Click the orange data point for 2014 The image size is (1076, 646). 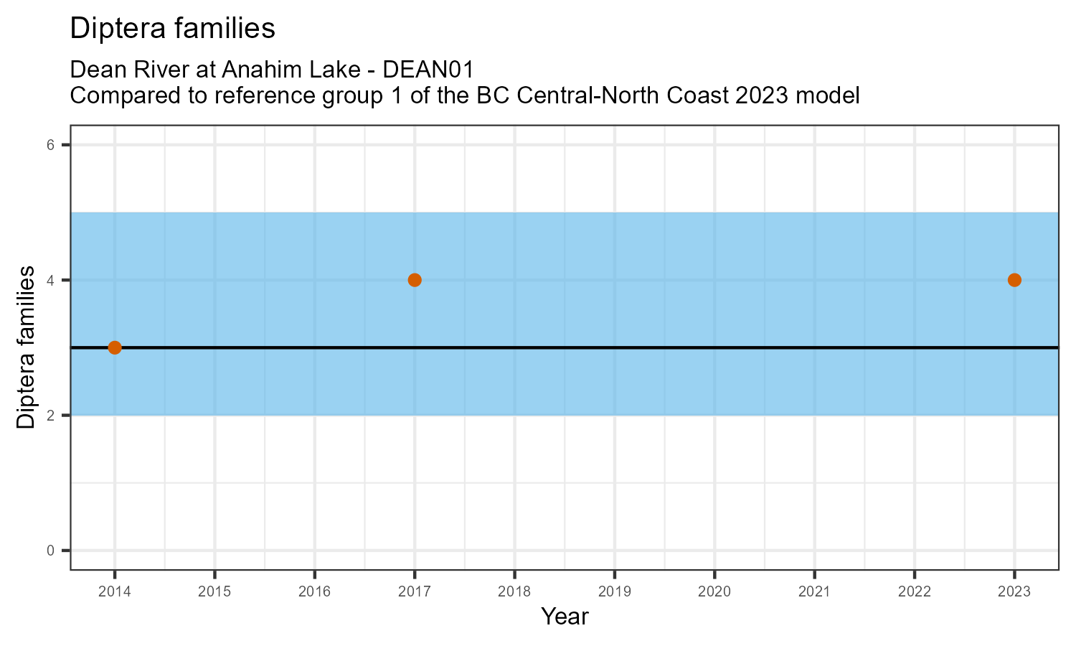[x=115, y=347]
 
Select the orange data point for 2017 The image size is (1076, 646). [x=415, y=280]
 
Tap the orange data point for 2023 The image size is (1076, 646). [x=1014, y=280]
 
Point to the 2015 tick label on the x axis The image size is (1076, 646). [x=214, y=592]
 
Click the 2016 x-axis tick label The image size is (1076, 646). [x=314, y=592]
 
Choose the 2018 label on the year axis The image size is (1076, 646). [x=514, y=592]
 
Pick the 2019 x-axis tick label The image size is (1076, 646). [x=614, y=592]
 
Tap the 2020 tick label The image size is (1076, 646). [x=714, y=592]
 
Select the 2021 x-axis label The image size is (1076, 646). [x=814, y=592]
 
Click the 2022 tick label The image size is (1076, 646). [x=914, y=592]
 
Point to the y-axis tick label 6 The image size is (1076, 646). [x=50, y=145]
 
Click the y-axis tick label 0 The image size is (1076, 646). [x=50, y=551]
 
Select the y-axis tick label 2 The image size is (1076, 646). [x=50, y=416]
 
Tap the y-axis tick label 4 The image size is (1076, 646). [x=50, y=280]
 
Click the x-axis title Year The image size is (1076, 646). [x=565, y=617]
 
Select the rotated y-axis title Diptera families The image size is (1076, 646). [x=26, y=347]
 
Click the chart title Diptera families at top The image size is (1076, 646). [x=172, y=28]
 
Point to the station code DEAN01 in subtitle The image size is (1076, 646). [x=429, y=70]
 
